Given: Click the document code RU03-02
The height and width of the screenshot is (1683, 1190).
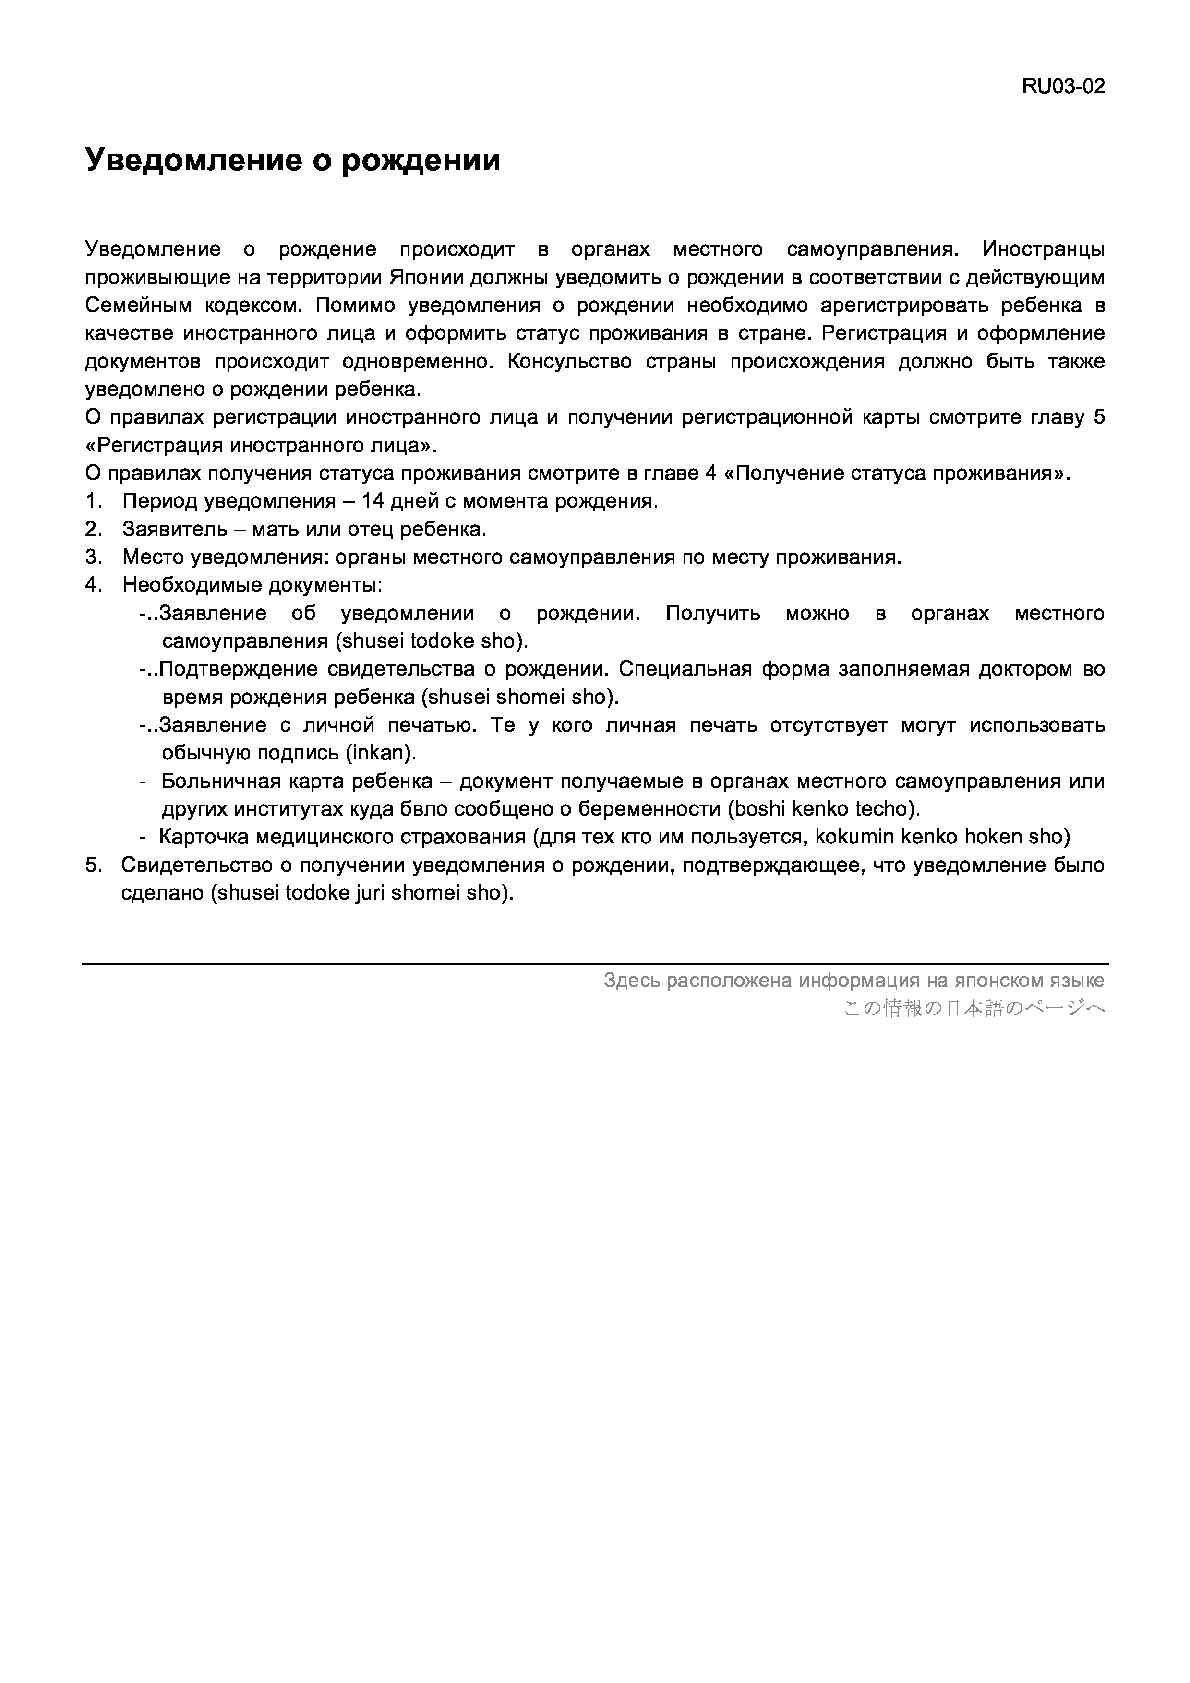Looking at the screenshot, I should [x=1062, y=86].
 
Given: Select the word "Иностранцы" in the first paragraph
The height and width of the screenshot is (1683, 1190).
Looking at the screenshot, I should [x=1043, y=249].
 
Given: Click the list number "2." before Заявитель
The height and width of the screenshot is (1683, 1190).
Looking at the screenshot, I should [x=93, y=529].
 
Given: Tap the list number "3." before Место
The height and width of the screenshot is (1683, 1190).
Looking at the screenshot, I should [x=93, y=557].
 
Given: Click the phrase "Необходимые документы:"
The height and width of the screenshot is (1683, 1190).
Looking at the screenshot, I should [x=252, y=585].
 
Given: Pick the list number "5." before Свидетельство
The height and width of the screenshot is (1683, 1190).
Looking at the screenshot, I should [x=93, y=865].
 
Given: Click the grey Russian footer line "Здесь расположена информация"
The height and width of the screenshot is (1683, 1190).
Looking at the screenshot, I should [x=853, y=981].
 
